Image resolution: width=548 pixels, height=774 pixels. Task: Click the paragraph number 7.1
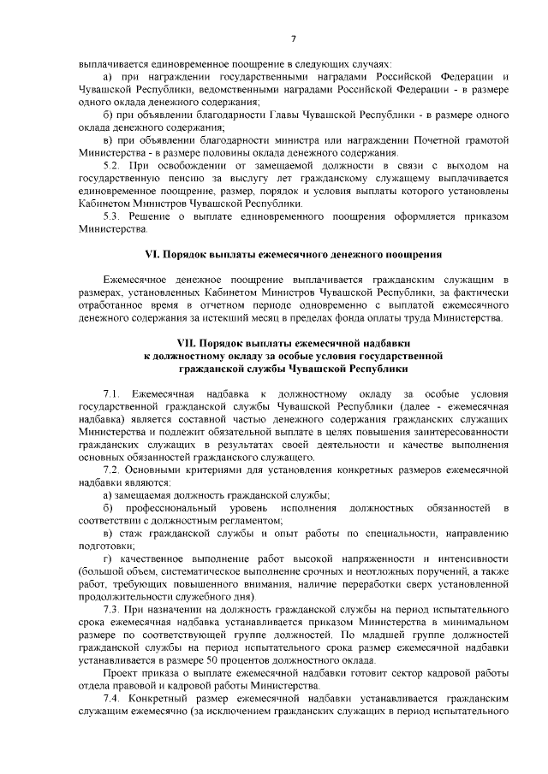tap(110, 392)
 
